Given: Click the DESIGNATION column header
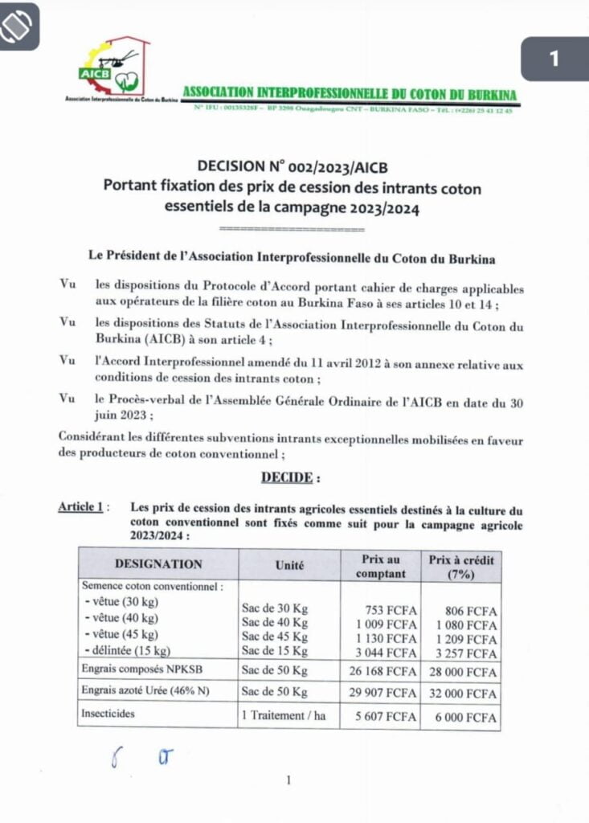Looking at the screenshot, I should [158, 564].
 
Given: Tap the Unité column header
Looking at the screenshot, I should [289, 565].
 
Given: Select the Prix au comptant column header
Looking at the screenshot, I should [380, 565].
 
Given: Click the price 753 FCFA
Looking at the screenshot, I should [391, 610].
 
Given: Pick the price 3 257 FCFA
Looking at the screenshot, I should [470, 650].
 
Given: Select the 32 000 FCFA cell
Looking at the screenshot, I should [466, 693].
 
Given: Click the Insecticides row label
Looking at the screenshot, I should [108, 713].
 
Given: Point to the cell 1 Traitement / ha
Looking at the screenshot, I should [284, 715].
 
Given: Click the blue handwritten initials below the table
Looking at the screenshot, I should [140, 756].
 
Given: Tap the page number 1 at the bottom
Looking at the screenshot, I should [288, 780].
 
